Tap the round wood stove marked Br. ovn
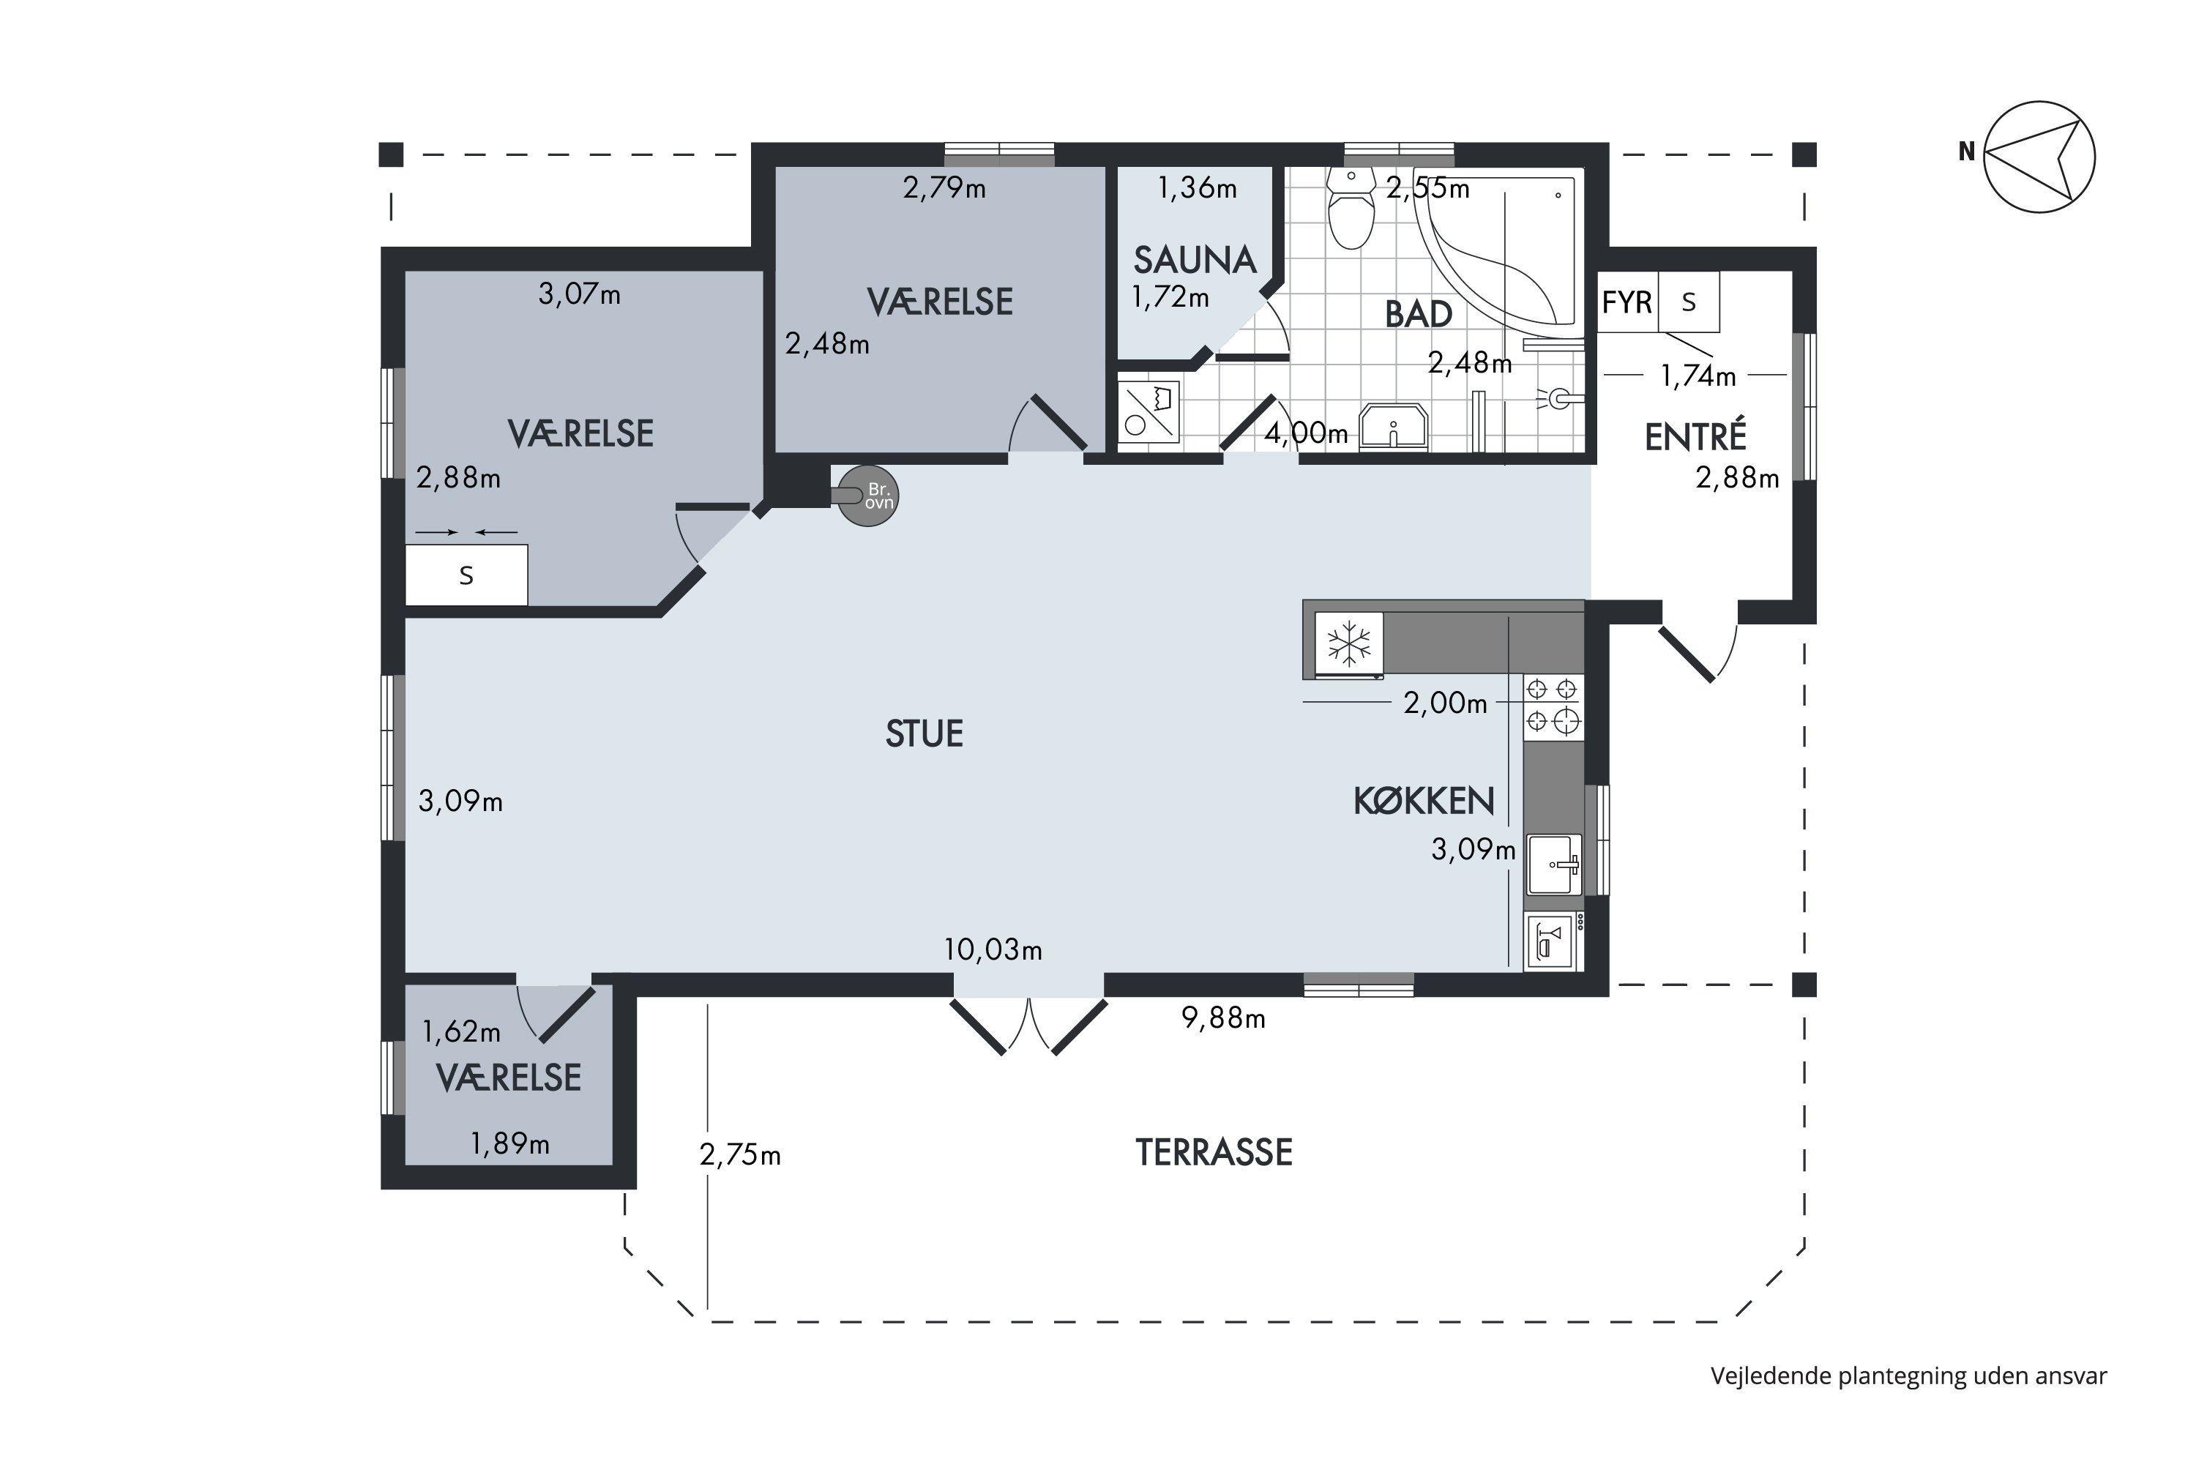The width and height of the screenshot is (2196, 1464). click(868, 496)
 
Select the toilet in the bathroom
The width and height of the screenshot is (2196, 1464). click(1351, 209)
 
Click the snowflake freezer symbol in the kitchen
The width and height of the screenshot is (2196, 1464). click(1349, 644)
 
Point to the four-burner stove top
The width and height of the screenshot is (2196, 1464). click(1553, 706)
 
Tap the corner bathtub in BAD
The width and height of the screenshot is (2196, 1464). click(1498, 255)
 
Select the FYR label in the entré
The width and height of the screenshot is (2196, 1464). click(1627, 302)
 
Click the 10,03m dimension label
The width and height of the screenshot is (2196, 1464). click(993, 950)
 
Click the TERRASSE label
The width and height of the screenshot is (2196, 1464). click(1214, 1153)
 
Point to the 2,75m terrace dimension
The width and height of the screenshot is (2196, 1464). click(740, 1156)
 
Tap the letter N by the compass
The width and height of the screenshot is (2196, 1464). click(1966, 152)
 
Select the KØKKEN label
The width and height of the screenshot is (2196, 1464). click(1424, 801)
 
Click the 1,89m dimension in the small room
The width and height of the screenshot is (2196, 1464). click(509, 1143)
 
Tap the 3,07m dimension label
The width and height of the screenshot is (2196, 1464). click(580, 295)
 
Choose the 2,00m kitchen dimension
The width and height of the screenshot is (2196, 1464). click(1445, 703)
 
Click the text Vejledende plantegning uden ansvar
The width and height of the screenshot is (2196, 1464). click(1908, 1376)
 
